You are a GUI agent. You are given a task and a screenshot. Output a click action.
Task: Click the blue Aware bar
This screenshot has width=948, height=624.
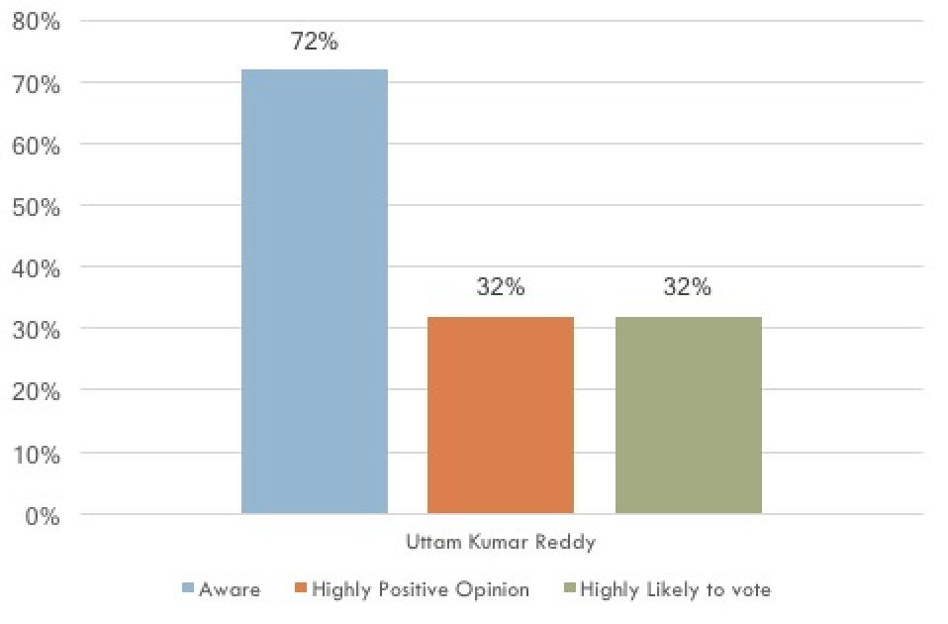click(x=315, y=291)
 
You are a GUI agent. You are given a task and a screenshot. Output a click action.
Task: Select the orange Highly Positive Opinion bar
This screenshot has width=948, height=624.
click(x=501, y=415)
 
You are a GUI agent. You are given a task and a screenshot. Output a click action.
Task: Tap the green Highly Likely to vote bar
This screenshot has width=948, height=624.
click(x=688, y=415)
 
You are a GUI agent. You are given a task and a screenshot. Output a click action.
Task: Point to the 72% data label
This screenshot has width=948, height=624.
click(x=315, y=43)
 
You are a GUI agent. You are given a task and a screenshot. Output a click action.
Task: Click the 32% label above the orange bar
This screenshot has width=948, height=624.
click(x=501, y=287)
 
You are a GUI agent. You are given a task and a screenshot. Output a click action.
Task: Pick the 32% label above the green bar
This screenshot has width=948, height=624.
click(x=688, y=287)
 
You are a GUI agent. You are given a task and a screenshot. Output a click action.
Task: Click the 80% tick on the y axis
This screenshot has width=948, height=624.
click(x=37, y=23)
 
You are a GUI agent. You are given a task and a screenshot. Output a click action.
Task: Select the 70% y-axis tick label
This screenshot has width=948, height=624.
click(x=37, y=85)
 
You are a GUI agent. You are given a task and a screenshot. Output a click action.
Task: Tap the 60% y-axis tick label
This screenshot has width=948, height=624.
click(x=37, y=147)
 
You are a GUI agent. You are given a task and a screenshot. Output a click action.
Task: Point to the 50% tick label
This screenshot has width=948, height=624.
click(x=37, y=208)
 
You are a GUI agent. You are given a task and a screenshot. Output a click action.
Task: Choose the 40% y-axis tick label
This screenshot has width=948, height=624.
click(x=37, y=269)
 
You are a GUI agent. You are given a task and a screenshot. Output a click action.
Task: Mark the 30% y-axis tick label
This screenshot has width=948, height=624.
click(x=37, y=331)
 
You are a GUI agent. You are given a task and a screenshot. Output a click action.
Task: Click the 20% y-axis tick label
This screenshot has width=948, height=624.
click(x=37, y=392)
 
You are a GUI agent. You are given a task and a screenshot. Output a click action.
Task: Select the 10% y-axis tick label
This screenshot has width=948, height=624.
click(x=37, y=455)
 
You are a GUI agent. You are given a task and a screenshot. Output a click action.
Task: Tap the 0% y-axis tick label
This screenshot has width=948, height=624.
click(x=43, y=516)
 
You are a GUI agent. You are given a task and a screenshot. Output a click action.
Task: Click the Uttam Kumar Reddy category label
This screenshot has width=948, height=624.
click(x=501, y=543)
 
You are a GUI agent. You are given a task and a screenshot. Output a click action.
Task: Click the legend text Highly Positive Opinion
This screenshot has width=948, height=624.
click(x=421, y=590)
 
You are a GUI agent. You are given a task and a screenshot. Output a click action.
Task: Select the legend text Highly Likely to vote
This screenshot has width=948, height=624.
click(x=676, y=590)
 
